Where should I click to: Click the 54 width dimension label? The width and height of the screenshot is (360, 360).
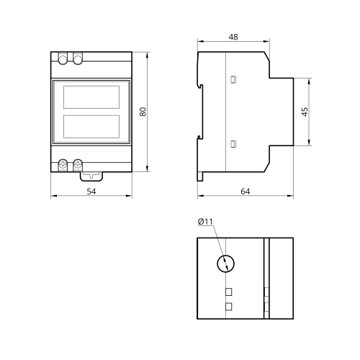(91, 192)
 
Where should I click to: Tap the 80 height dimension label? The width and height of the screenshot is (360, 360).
(143, 112)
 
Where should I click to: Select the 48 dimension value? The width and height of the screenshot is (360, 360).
(233, 37)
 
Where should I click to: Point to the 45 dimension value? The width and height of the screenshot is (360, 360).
(305, 112)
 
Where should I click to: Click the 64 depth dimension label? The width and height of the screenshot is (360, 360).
(245, 192)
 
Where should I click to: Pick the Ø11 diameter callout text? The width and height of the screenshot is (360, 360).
(205, 222)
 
